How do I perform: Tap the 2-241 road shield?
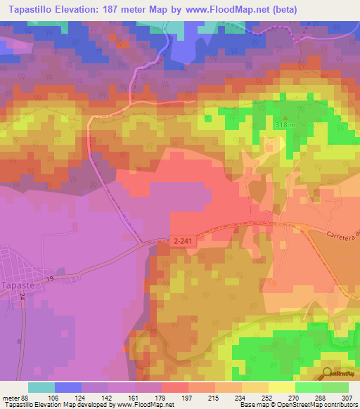pos(181,241)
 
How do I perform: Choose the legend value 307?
pos(348,397)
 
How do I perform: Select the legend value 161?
pos(135,397)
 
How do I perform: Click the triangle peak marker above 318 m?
pos(285,117)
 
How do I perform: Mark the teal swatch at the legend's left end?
pos(41,387)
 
